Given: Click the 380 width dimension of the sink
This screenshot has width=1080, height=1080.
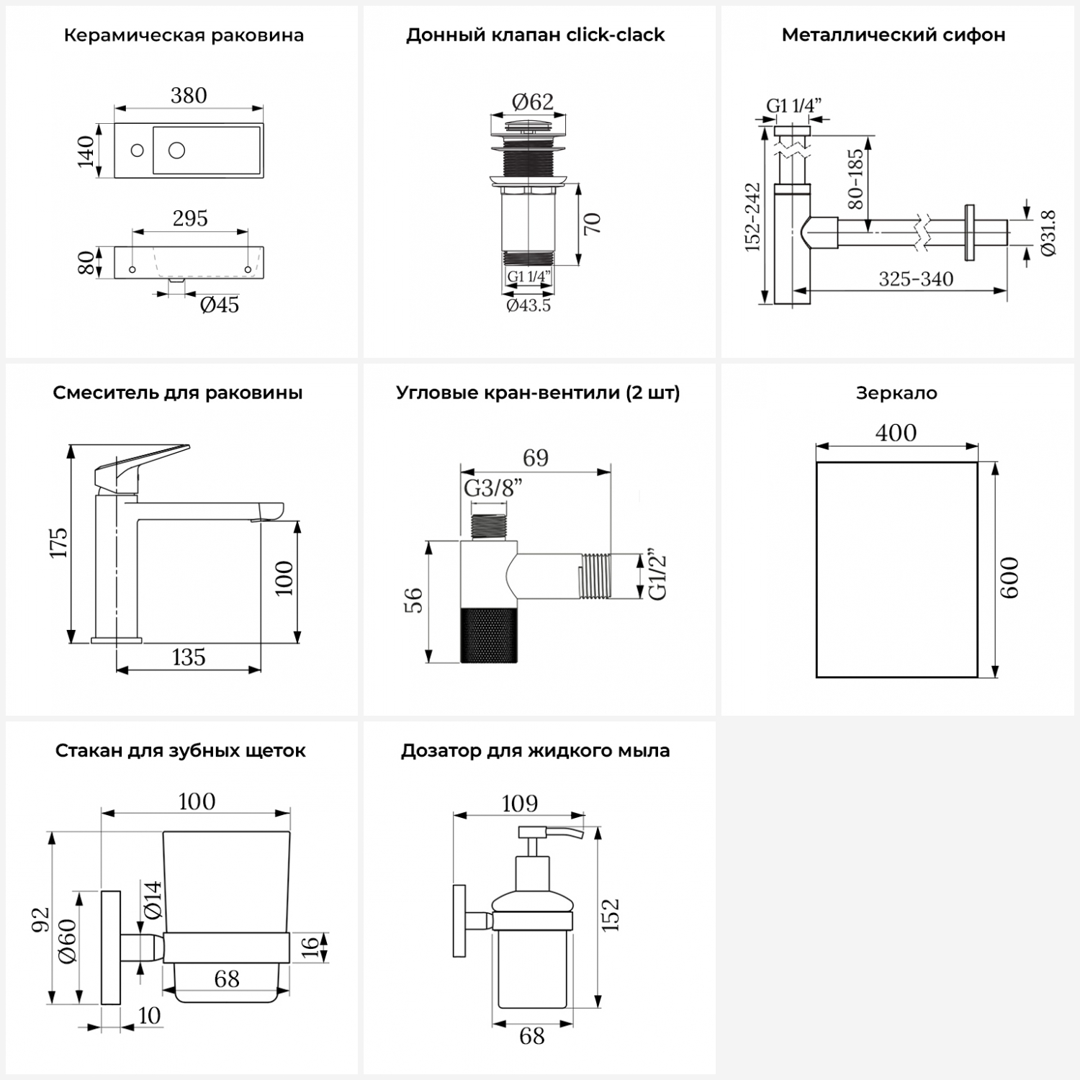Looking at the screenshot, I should click(189, 95).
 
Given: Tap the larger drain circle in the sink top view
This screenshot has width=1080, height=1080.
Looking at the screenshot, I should click(176, 150).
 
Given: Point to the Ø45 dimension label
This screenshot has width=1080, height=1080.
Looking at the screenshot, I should click(220, 305).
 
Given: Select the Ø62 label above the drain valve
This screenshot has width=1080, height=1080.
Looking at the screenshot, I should click(533, 102).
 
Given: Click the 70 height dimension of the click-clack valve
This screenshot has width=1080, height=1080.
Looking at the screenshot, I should click(592, 223).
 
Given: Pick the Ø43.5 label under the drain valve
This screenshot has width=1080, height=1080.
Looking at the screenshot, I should click(528, 306).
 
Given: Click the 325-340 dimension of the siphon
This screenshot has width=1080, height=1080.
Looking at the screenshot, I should click(916, 279).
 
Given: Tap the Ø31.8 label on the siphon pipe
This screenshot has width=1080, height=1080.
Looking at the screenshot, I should click(1048, 233).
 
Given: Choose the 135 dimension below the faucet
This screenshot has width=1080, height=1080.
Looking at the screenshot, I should click(189, 657).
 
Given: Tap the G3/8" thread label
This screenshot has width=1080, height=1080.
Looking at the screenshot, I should click(492, 488).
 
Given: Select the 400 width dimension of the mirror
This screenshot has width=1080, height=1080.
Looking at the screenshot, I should click(896, 433).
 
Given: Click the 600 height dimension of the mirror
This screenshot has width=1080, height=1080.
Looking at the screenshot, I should click(1009, 577).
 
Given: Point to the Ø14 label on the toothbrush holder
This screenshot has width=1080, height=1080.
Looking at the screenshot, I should click(153, 899).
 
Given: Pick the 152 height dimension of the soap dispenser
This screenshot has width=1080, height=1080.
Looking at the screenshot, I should click(611, 915).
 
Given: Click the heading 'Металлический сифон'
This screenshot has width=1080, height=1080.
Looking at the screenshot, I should click(894, 35).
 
